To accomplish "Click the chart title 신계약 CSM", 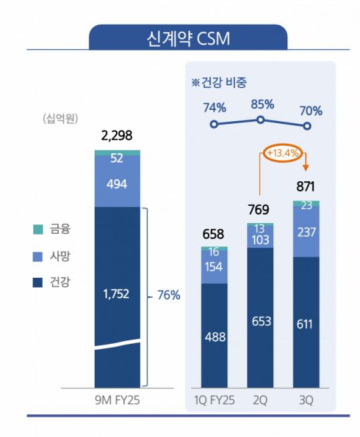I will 189,38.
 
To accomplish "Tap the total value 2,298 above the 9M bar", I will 117,136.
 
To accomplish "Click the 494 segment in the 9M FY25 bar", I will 117,184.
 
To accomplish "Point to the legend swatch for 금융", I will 38,230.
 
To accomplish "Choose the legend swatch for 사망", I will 38,256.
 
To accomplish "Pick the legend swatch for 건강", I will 38,282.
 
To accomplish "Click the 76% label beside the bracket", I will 167,294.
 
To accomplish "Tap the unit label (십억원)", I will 60,119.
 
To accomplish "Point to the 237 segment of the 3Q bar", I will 307,231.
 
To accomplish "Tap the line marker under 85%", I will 260,120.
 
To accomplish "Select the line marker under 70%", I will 307,126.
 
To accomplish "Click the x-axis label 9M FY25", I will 117,401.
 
